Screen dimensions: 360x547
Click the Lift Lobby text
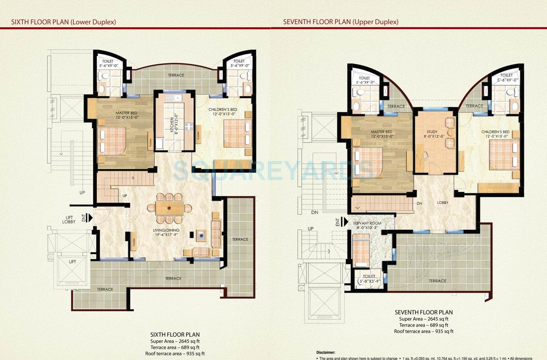[69, 219]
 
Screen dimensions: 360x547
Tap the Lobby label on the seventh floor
[442, 203]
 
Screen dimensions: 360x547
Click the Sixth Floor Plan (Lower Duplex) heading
[63, 22]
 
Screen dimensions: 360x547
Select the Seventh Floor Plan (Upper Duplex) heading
[340, 22]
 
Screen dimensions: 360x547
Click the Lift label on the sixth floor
[73, 262]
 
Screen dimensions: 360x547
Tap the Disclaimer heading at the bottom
[325, 353]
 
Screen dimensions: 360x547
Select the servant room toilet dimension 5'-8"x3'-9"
[369, 281]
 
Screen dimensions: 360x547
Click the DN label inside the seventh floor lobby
[419, 204]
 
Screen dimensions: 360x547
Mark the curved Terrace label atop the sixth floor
[176, 75]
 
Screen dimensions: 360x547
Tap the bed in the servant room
[361, 250]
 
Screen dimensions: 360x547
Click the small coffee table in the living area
[201, 235]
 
